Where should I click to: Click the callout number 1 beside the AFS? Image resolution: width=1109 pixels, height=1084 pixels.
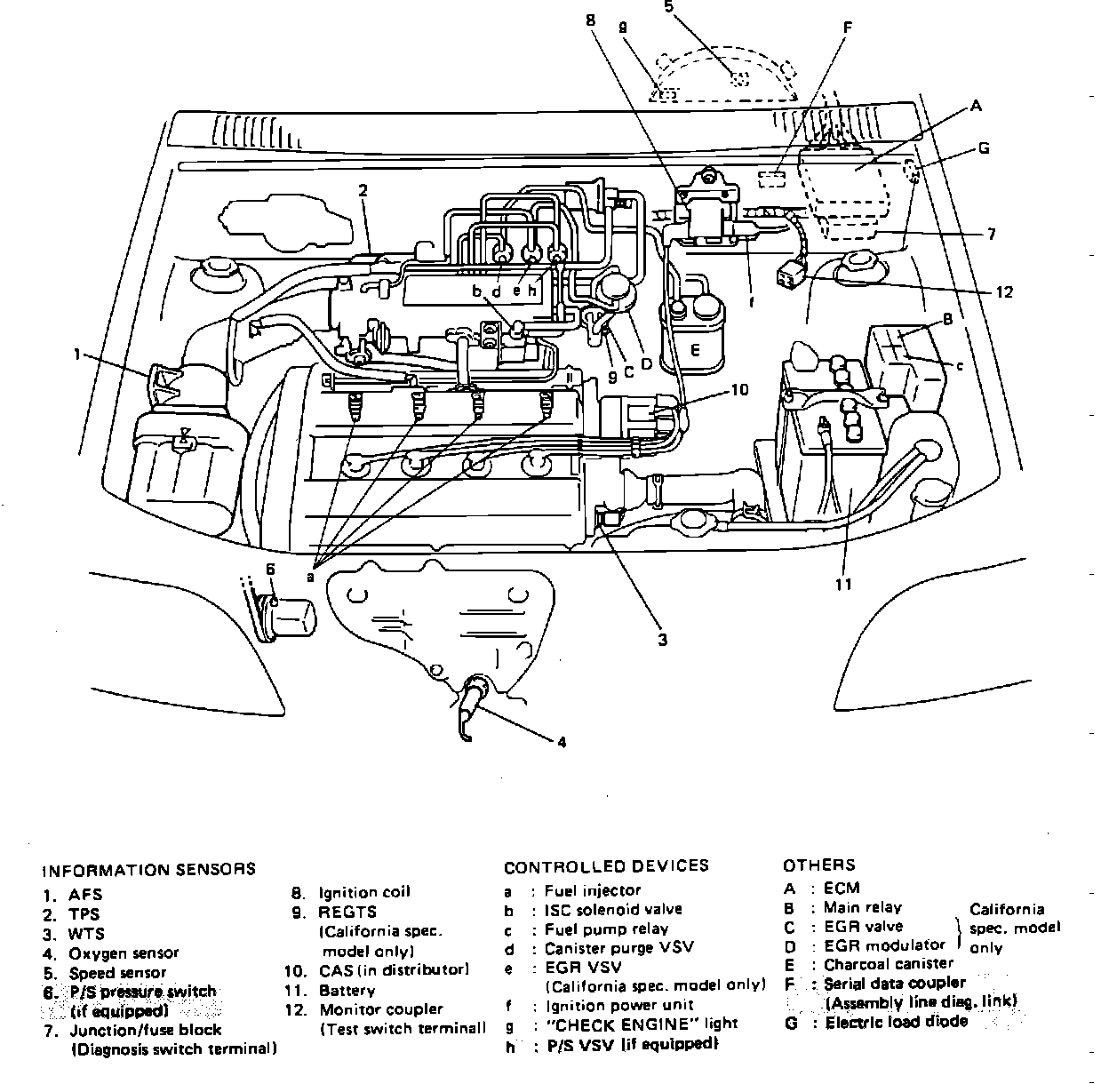coord(77,355)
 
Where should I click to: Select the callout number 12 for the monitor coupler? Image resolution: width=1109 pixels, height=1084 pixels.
coord(1004,291)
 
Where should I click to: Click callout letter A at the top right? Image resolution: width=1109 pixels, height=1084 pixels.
coord(976,107)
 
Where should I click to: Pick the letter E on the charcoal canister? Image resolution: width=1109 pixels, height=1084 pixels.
coord(695,350)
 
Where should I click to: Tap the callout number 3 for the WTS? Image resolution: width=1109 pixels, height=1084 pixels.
coord(663,639)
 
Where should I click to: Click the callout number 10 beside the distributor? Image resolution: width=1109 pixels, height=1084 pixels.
coord(740,389)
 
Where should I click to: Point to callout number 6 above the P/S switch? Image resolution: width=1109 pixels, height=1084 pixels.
coord(270,569)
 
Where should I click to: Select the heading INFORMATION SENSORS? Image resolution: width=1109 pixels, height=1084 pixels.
coord(149,869)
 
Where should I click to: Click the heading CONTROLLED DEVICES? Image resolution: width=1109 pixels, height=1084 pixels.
coord(606,866)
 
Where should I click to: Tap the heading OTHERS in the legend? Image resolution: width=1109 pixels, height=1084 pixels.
coord(818,865)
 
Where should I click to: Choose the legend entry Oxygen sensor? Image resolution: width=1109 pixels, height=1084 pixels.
coord(124,952)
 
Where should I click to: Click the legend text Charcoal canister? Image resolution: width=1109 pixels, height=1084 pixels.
coord(888,963)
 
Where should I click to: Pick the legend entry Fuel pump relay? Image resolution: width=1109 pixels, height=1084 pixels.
coord(606,929)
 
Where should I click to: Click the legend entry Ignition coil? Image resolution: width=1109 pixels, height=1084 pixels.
coord(364,892)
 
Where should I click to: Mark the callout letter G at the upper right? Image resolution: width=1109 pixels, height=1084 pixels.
coord(984,148)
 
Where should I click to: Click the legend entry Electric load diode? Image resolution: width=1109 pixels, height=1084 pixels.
coord(896,1022)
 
